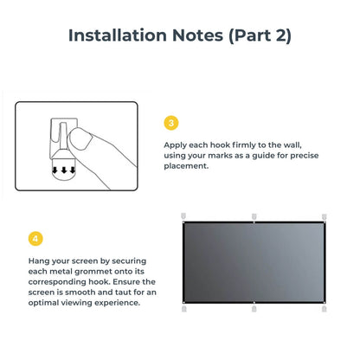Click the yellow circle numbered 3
pyautogui.click(x=171, y=124)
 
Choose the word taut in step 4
pyautogui.click(x=111, y=292)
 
